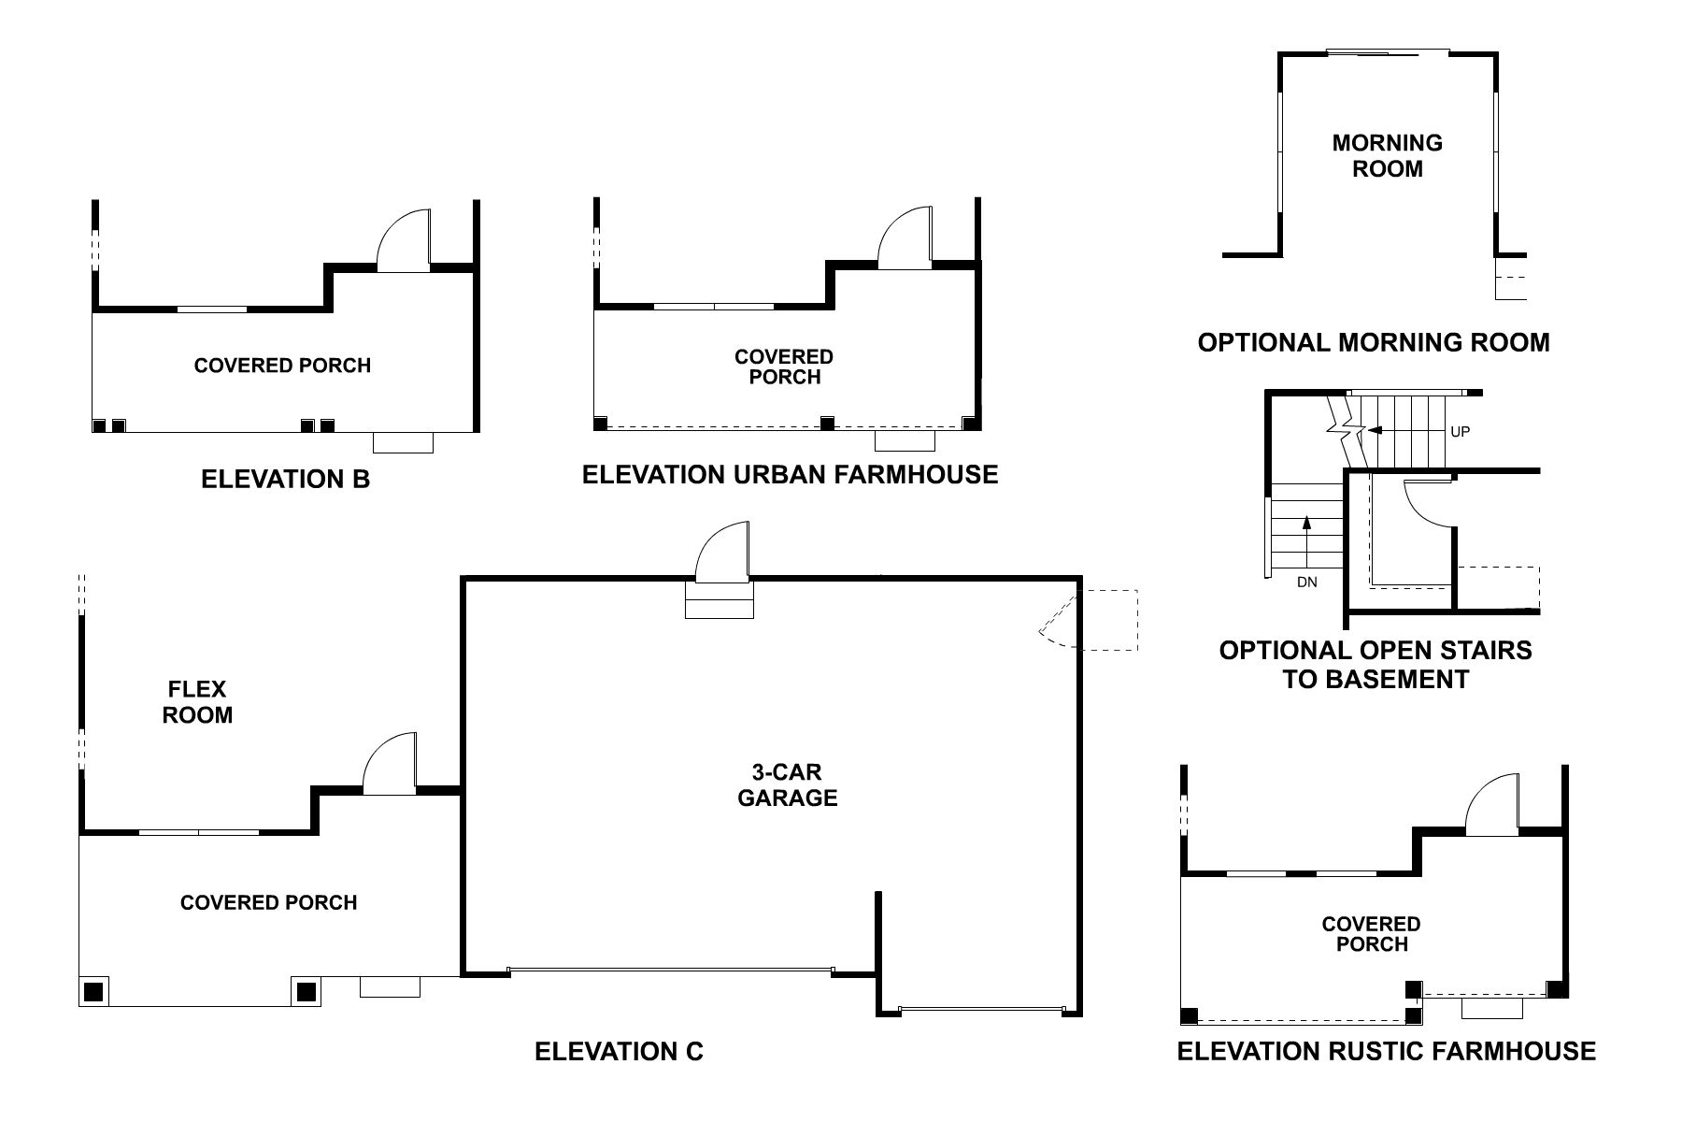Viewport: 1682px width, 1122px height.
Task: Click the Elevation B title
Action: pyautogui.click(x=285, y=480)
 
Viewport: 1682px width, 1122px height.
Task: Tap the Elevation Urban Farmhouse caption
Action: pyautogui.click(x=790, y=475)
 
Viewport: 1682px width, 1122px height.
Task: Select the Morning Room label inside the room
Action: pyautogui.click(x=1387, y=156)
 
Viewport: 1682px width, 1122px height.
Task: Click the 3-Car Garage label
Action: pyautogui.click(x=787, y=785)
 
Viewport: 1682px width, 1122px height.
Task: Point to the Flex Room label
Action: pyautogui.click(x=197, y=702)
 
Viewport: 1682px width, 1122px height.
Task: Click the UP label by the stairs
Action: pyautogui.click(x=1460, y=432)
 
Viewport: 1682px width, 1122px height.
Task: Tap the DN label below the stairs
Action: pyautogui.click(x=1306, y=582)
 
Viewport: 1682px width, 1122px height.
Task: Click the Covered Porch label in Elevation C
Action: pyautogui.click(x=268, y=902)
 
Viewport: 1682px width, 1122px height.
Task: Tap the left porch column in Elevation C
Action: pyautogui.click(x=93, y=991)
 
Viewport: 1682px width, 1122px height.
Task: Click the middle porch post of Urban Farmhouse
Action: pyautogui.click(x=826, y=424)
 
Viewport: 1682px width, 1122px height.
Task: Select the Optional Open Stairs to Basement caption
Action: pyautogui.click(x=1375, y=664)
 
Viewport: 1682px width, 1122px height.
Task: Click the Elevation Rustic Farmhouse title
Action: pyautogui.click(x=1386, y=1051)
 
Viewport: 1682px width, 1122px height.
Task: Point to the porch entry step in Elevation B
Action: pyautogui.click(x=403, y=442)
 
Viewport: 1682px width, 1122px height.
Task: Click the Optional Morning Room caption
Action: pyautogui.click(x=1373, y=342)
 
